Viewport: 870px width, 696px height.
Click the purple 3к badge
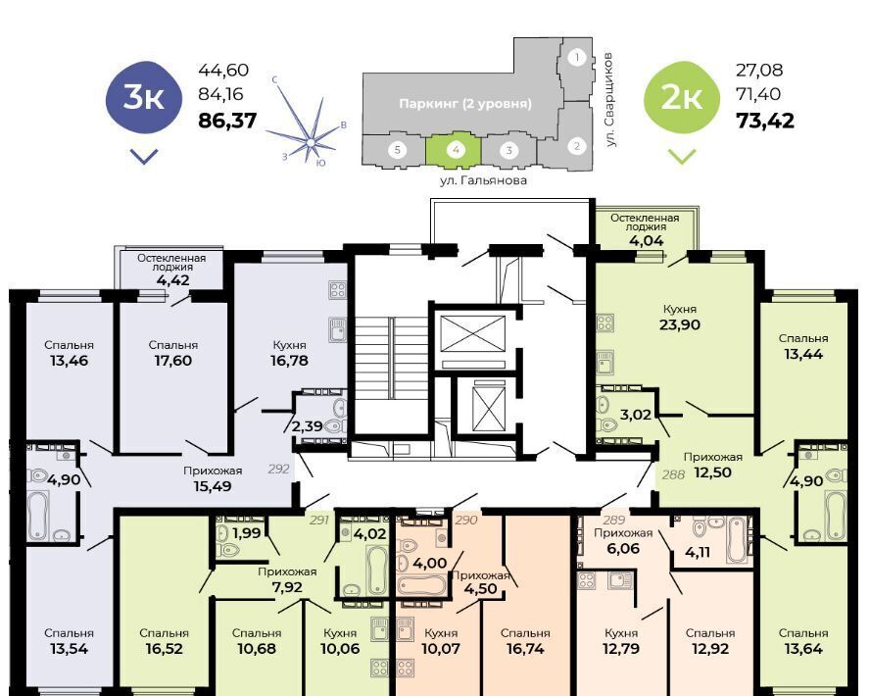[144, 98]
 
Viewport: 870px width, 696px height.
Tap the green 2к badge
[681, 98]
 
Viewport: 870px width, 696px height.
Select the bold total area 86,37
[227, 121]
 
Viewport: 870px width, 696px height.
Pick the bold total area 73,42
[765, 121]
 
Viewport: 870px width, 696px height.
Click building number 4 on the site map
[455, 149]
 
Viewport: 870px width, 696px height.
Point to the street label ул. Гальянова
[483, 180]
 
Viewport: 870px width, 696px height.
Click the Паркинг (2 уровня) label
[465, 104]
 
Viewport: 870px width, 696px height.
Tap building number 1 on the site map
[577, 57]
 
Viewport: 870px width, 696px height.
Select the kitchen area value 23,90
[680, 324]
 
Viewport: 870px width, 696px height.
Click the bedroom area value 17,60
[173, 361]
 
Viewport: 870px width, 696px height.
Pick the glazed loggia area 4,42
[172, 279]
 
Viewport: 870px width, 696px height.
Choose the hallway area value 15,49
[213, 486]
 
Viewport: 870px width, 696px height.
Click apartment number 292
[278, 469]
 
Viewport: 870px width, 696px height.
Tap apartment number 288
[674, 474]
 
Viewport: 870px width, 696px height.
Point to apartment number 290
[466, 521]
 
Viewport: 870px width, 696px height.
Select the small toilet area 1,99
[247, 533]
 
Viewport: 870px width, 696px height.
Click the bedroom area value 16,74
[525, 649]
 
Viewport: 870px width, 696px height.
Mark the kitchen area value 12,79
[621, 649]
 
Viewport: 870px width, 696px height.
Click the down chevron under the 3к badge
[144, 156]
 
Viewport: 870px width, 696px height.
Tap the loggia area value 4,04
[645, 241]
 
